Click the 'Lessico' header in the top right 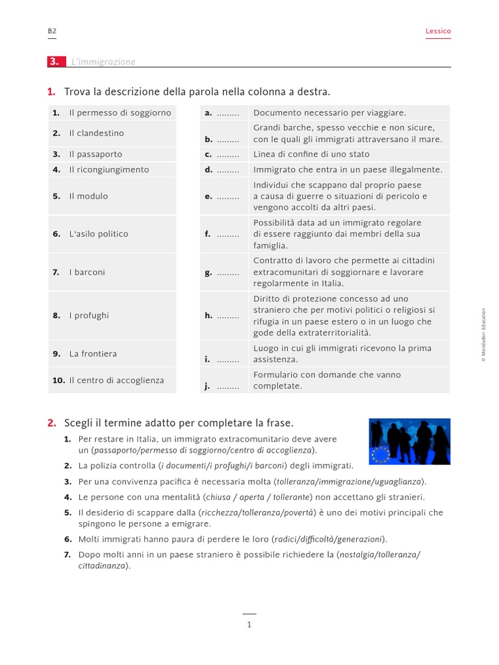(438, 31)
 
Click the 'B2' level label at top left (52, 31)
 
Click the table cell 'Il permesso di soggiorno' (120, 112)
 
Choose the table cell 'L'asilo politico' (99, 234)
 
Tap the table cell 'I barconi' (87, 272)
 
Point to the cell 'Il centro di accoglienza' (116, 381)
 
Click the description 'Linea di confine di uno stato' (311, 155)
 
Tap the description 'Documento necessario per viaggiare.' (329, 113)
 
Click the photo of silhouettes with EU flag (409, 442)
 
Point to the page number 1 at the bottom (249, 625)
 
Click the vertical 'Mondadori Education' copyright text (483, 334)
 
